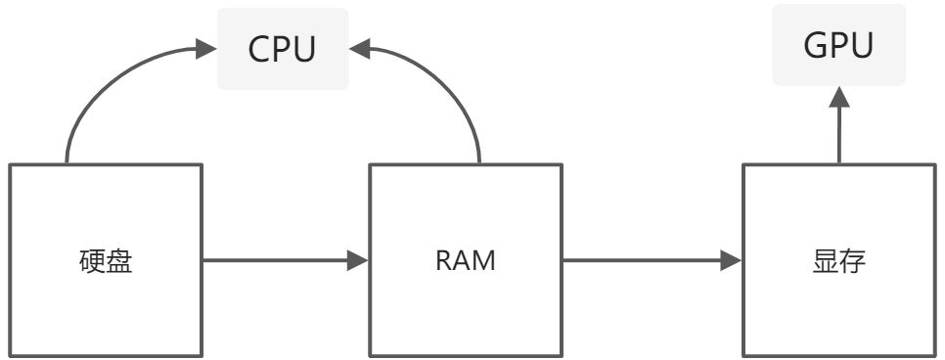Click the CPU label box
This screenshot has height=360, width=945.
[x=283, y=49]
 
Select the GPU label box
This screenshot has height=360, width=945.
[x=839, y=45]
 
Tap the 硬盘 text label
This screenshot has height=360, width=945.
[x=106, y=261]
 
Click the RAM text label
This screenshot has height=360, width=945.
[x=466, y=261]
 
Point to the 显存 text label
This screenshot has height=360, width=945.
[x=839, y=261]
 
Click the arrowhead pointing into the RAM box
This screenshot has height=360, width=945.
[x=357, y=260]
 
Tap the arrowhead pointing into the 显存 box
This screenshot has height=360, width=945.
[x=731, y=260]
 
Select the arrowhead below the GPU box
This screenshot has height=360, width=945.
[x=839, y=97]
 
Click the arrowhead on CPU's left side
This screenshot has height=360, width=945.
[x=205, y=49]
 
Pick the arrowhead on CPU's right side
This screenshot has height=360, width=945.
[x=360, y=49]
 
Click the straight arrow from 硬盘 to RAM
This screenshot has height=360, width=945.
[x=285, y=260]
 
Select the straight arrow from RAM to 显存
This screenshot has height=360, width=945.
[x=652, y=260]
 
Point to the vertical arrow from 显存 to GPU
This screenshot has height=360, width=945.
[x=839, y=125]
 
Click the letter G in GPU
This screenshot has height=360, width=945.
[x=814, y=45]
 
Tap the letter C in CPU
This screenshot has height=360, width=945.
[x=259, y=50]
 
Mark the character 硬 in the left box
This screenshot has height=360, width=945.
[x=92, y=261]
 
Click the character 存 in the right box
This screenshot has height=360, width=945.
[x=853, y=261]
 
